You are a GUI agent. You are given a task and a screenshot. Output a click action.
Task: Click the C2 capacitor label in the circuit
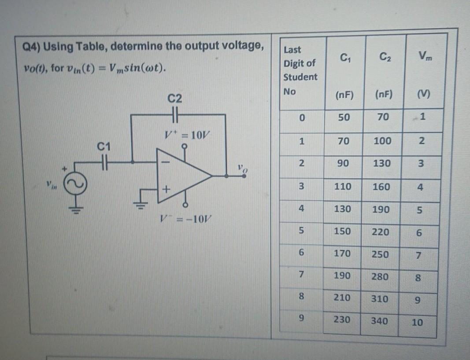click(175, 98)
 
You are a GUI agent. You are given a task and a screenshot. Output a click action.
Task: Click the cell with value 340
click(379, 321)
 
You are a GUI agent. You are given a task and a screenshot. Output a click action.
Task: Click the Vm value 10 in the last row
click(417, 322)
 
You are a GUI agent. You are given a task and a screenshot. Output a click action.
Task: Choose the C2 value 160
click(381, 187)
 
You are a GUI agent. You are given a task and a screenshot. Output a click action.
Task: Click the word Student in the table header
click(300, 77)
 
